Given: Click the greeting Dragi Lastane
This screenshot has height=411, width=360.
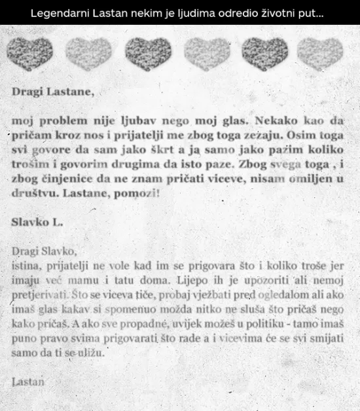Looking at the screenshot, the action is pyautogui.click(x=53, y=92).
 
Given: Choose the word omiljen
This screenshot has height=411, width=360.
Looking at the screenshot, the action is pyautogui.click(x=310, y=178).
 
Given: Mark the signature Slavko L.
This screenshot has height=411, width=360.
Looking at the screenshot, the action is pyautogui.click(x=37, y=221).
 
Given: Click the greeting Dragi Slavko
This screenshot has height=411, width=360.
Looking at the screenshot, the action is pyautogui.click(x=45, y=251).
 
